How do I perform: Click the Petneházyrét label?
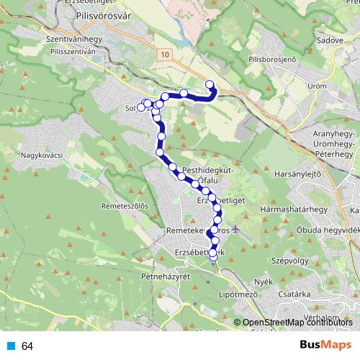coord(166,276)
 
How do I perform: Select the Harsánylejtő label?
coord(297,174)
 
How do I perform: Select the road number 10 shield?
coord(166,55)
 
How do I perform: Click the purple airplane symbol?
coord(238,233)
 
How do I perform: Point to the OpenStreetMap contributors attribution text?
coord(297,323)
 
